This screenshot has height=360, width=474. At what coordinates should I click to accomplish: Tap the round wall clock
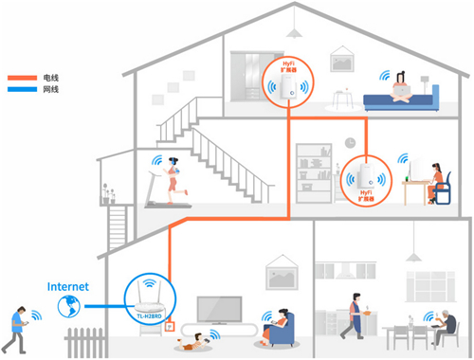point(351,143)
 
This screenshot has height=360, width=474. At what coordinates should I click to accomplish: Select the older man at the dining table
point(439,324)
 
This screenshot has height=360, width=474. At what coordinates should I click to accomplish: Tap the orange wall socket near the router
point(170,328)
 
